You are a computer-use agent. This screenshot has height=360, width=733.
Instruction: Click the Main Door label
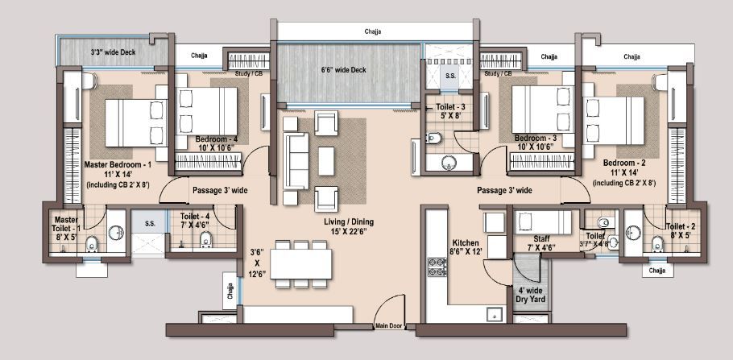click(x=388, y=326)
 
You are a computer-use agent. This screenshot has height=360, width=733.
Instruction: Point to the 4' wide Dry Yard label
click(x=531, y=294)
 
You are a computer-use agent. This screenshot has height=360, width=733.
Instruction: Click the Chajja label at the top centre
click(x=371, y=32)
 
